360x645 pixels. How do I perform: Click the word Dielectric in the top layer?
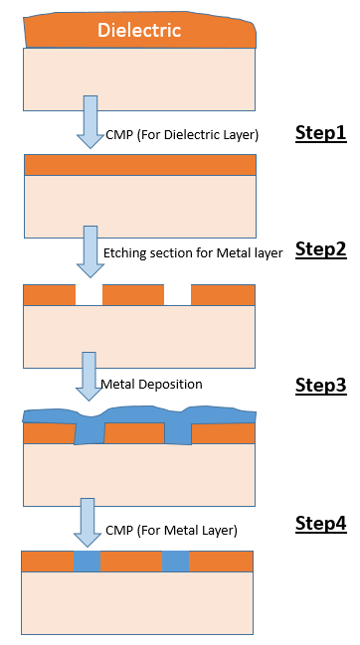[x=139, y=31]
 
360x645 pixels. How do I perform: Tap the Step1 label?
[x=320, y=133]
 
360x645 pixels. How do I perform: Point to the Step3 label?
[x=320, y=385]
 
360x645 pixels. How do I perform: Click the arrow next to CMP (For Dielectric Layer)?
[x=90, y=120]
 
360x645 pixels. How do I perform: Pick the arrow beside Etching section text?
[x=90, y=250]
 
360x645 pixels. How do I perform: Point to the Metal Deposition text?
[x=151, y=384]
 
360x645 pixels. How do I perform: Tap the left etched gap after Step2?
[x=90, y=295]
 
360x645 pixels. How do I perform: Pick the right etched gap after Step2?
[x=177, y=295]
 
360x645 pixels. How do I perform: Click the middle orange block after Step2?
[x=132, y=295]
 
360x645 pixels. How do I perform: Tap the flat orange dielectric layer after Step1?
[x=139, y=165]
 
